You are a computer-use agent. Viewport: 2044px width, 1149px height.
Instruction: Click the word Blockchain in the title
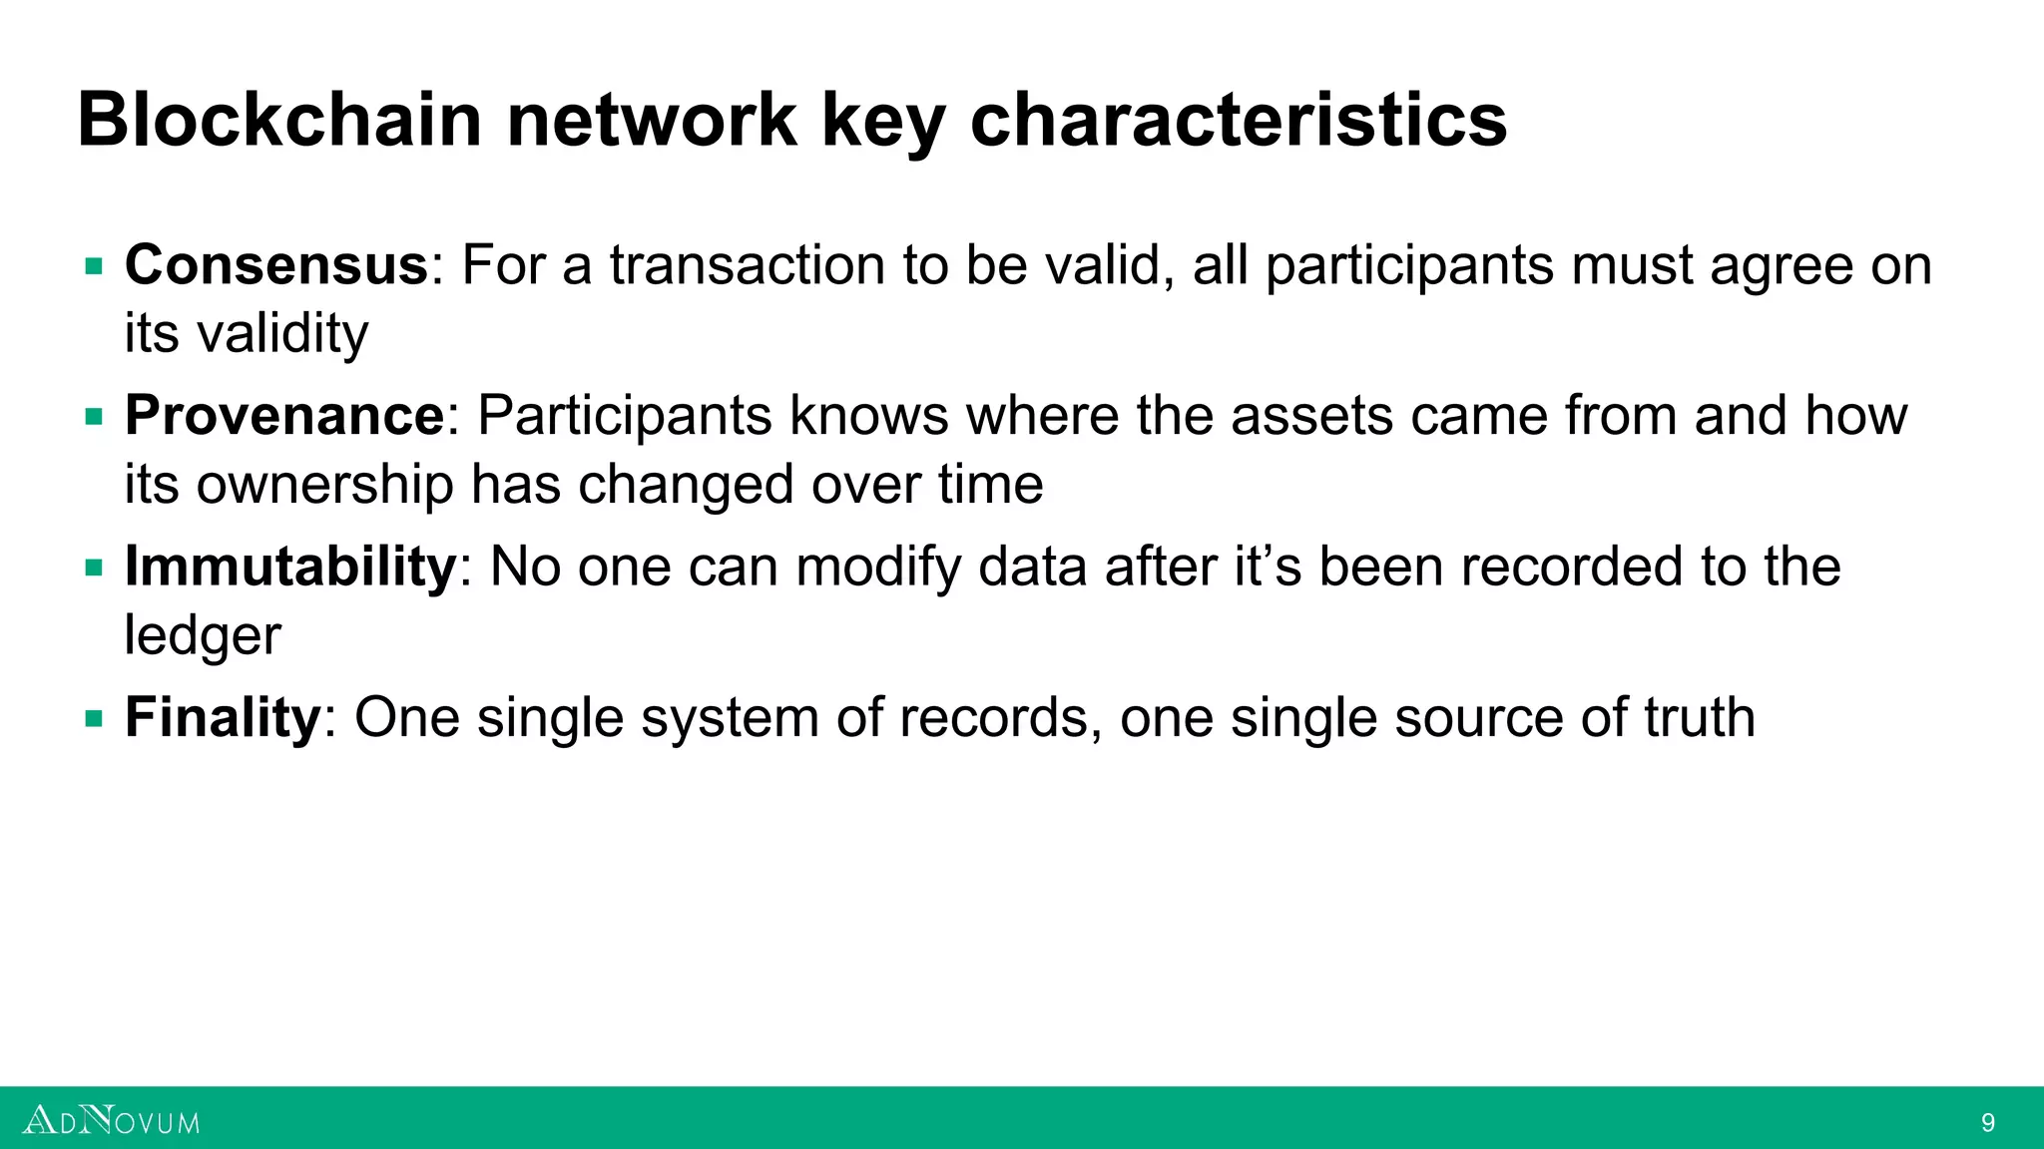279,120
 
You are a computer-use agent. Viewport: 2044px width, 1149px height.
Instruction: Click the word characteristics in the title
1238,120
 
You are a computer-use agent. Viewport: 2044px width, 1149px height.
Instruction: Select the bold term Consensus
276,265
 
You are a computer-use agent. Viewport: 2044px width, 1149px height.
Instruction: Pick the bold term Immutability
290,567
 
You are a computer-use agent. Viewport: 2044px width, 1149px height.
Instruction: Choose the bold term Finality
223,717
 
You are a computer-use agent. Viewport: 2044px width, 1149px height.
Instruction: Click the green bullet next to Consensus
94,266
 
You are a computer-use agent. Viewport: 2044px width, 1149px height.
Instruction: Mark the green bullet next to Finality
94,718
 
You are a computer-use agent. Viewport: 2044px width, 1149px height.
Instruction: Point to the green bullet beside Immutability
94,568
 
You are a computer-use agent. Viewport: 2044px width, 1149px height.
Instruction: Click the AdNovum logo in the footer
111,1121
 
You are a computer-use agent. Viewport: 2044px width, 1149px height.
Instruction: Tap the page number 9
1988,1123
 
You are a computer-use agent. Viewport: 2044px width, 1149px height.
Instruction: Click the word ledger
203,636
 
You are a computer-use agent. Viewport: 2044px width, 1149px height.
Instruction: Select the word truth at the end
1699,717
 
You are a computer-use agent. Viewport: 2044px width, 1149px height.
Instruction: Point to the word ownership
324,486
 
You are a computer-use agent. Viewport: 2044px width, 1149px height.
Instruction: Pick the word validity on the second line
282,334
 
